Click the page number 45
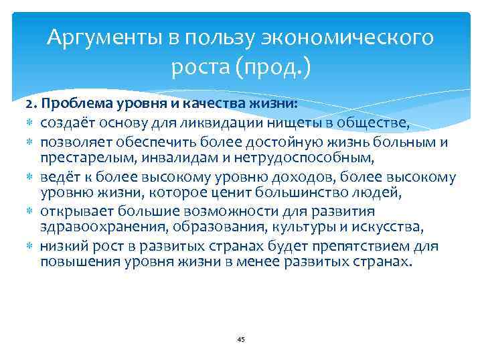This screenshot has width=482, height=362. tap(241, 340)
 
